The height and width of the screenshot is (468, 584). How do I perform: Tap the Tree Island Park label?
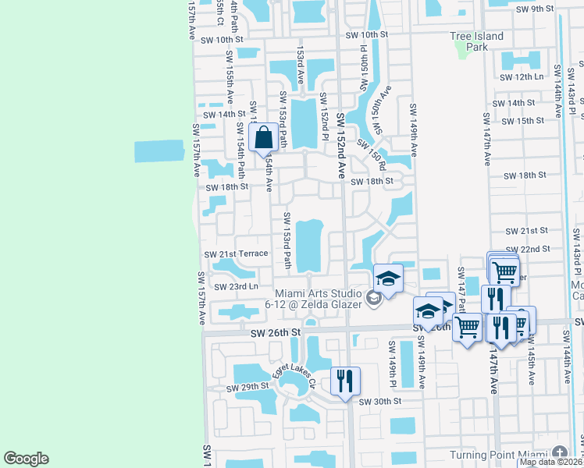click(x=477, y=41)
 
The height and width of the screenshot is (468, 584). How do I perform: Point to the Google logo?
click(x=26, y=459)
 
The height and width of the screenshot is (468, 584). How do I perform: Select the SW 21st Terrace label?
click(x=236, y=254)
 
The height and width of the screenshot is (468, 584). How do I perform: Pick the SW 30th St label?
click(x=379, y=401)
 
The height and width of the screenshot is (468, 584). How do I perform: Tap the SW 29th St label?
click(x=247, y=388)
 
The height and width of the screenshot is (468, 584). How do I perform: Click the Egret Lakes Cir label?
click(x=293, y=377)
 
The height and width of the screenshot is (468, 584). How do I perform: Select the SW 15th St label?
click(x=523, y=121)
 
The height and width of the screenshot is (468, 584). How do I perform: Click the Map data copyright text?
click(x=550, y=462)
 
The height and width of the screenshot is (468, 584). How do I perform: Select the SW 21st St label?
click(x=527, y=232)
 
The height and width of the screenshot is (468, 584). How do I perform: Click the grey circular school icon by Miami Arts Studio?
click(x=374, y=297)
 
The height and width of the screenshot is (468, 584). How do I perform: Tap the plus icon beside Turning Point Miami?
click(x=560, y=453)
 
